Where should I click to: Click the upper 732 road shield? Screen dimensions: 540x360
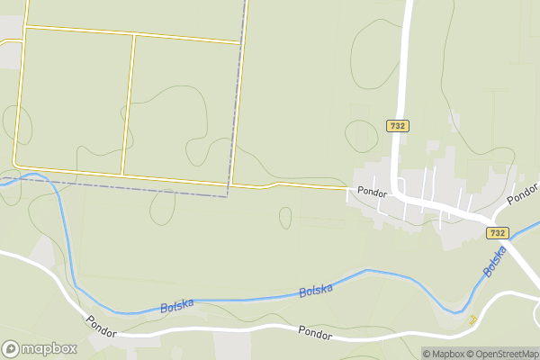pyautogui.click(x=397, y=126)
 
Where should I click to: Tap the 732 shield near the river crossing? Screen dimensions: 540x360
pyautogui.click(x=498, y=232)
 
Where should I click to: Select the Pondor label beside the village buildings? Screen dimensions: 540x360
pyautogui.click(x=372, y=192)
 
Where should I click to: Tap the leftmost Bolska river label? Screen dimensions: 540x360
pyautogui.click(x=177, y=306)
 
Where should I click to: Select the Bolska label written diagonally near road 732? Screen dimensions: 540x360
pyautogui.click(x=494, y=262)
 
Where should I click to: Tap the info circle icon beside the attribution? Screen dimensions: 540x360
pyautogui.click(x=415, y=354)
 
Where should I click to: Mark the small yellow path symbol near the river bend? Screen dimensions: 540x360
pyautogui.click(x=472, y=319)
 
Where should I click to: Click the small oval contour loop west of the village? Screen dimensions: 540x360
pyautogui.click(x=285, y=218)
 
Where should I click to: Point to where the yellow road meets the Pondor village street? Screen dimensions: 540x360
pyautogui.click(x=347, y=189)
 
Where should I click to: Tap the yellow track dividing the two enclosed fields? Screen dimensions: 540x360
pyautogui.click(x=129, y=103)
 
